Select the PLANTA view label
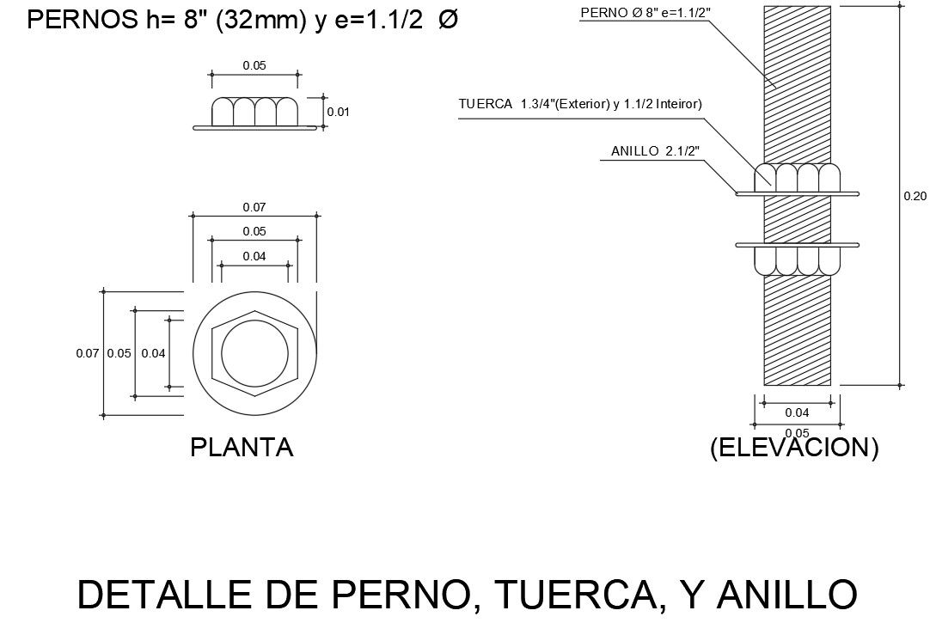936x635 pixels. (x=242, y=448)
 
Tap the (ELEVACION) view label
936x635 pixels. (x=794, y=448)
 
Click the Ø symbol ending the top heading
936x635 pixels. (x=448, y=21)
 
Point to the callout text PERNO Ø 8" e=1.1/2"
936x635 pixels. (x=645, y=13)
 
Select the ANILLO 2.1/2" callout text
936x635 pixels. (x=655, y=151)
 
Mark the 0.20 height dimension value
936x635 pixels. (x=915, y=197)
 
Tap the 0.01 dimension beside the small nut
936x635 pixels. (x=339, y=112)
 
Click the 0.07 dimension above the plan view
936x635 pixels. (x=254, y=206)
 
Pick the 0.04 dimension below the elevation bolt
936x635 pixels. (x=797, y=412)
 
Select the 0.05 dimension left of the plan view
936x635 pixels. (x=119, y=353)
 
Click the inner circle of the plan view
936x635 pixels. (x=254, y=353)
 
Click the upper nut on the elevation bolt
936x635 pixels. (x=797, y=177)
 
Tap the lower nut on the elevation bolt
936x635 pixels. (x=797, y=260)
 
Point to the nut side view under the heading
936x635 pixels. (x=254, y=113)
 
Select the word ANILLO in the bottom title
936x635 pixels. (x=786, y=595)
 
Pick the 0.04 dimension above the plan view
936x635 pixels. (x=254, y=256)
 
